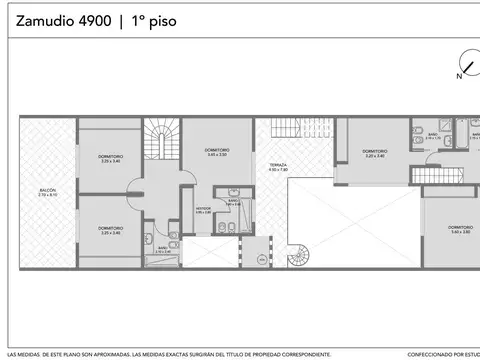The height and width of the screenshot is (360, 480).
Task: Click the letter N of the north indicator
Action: point(459,75)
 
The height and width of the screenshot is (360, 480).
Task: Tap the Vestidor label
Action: point(203,209)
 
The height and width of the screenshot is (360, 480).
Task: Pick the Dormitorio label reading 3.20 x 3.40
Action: point(110,158)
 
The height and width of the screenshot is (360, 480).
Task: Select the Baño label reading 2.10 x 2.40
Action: point(163,249)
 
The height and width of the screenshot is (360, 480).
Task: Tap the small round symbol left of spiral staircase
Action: point(263,258)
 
